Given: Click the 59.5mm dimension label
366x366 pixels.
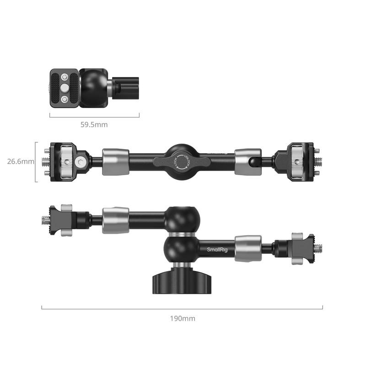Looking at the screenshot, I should click(x=94, y=124).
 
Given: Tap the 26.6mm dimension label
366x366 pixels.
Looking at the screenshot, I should click(x=21, y=161).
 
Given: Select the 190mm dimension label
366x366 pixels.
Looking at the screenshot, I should click(x=182, y=318).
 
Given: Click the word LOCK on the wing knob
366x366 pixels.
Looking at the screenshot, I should click(x=175, y=162).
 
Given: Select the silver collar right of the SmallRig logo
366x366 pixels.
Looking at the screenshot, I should click(x=248, y=248).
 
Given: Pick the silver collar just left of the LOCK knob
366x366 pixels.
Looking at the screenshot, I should click(x=115, y=161).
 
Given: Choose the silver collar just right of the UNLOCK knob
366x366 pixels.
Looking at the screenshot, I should click(x=248, y=161).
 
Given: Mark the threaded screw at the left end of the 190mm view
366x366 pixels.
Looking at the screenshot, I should click(x=46, y=220).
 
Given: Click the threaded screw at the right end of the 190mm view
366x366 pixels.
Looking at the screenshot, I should click(x=319, y=249).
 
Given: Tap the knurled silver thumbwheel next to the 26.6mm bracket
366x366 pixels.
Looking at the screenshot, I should click(x=67, y=161).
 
